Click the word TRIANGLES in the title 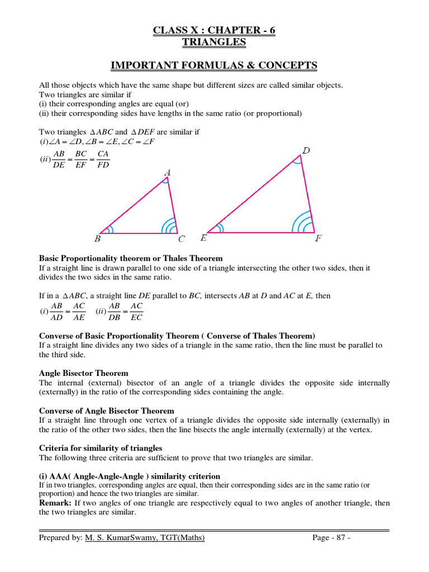214,42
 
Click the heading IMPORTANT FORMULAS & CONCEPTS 214,66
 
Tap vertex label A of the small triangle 168,173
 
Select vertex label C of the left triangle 182,240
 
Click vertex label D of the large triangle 306,150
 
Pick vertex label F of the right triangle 318,239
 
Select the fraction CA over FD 103,159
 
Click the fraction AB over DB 115,311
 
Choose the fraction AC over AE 79,311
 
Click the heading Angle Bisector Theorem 83,373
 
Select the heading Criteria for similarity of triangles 101,448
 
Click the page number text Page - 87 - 331,538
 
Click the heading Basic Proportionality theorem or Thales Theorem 131,258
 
